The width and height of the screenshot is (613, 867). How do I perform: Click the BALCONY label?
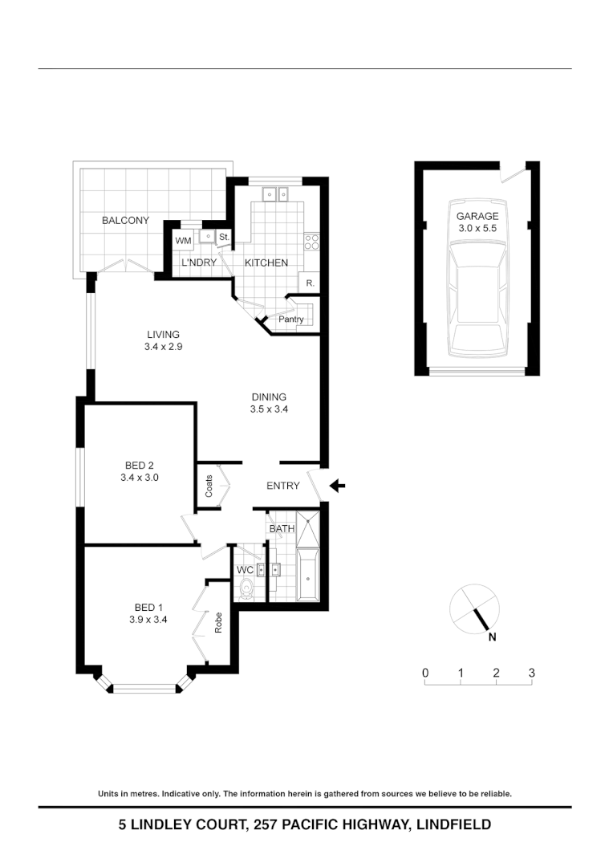pyautogui.click(x=125, y=221)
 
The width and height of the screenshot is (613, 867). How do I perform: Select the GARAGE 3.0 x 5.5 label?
pyautogui.click(x=477, y=222)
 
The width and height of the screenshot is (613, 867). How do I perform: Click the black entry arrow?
pyautogui.click(x=338, y=485)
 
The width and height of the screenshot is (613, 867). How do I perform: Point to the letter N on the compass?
pyautogui.click(x=493, y=638)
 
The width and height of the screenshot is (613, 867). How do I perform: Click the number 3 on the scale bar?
pyautogui.click(x=531, y=673)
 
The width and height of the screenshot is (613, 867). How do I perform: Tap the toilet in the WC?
pyautogui.click(x=247, y=590)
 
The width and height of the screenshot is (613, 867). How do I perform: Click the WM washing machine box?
pyautogui.click(x=183, y=240)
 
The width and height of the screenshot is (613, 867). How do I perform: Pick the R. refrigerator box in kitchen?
pyautogui.click(x=309, y=283)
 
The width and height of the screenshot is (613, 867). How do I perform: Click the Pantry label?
pyautogui.click(x=290, y=320)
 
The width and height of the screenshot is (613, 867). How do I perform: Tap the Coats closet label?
pyautogui.click(x=209, y=486)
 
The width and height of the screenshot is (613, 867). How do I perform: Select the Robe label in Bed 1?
pyautogui.click(x=218, y=623)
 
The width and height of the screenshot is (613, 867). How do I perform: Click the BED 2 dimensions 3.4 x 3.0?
pyautogui.click(x=140, y=478)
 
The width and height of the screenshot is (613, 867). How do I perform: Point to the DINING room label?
pyautogui.click(x=269, y=397)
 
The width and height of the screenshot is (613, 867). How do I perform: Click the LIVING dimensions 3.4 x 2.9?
pyautogui.click(x=163, y=347)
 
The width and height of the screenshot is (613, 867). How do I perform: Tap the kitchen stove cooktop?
pyautogui.click(x=311, y=239)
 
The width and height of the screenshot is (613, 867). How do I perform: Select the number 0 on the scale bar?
pyautogui.click(x=425, y=673)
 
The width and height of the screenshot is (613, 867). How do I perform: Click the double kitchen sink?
pyautogui.click(x=278, y=193)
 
